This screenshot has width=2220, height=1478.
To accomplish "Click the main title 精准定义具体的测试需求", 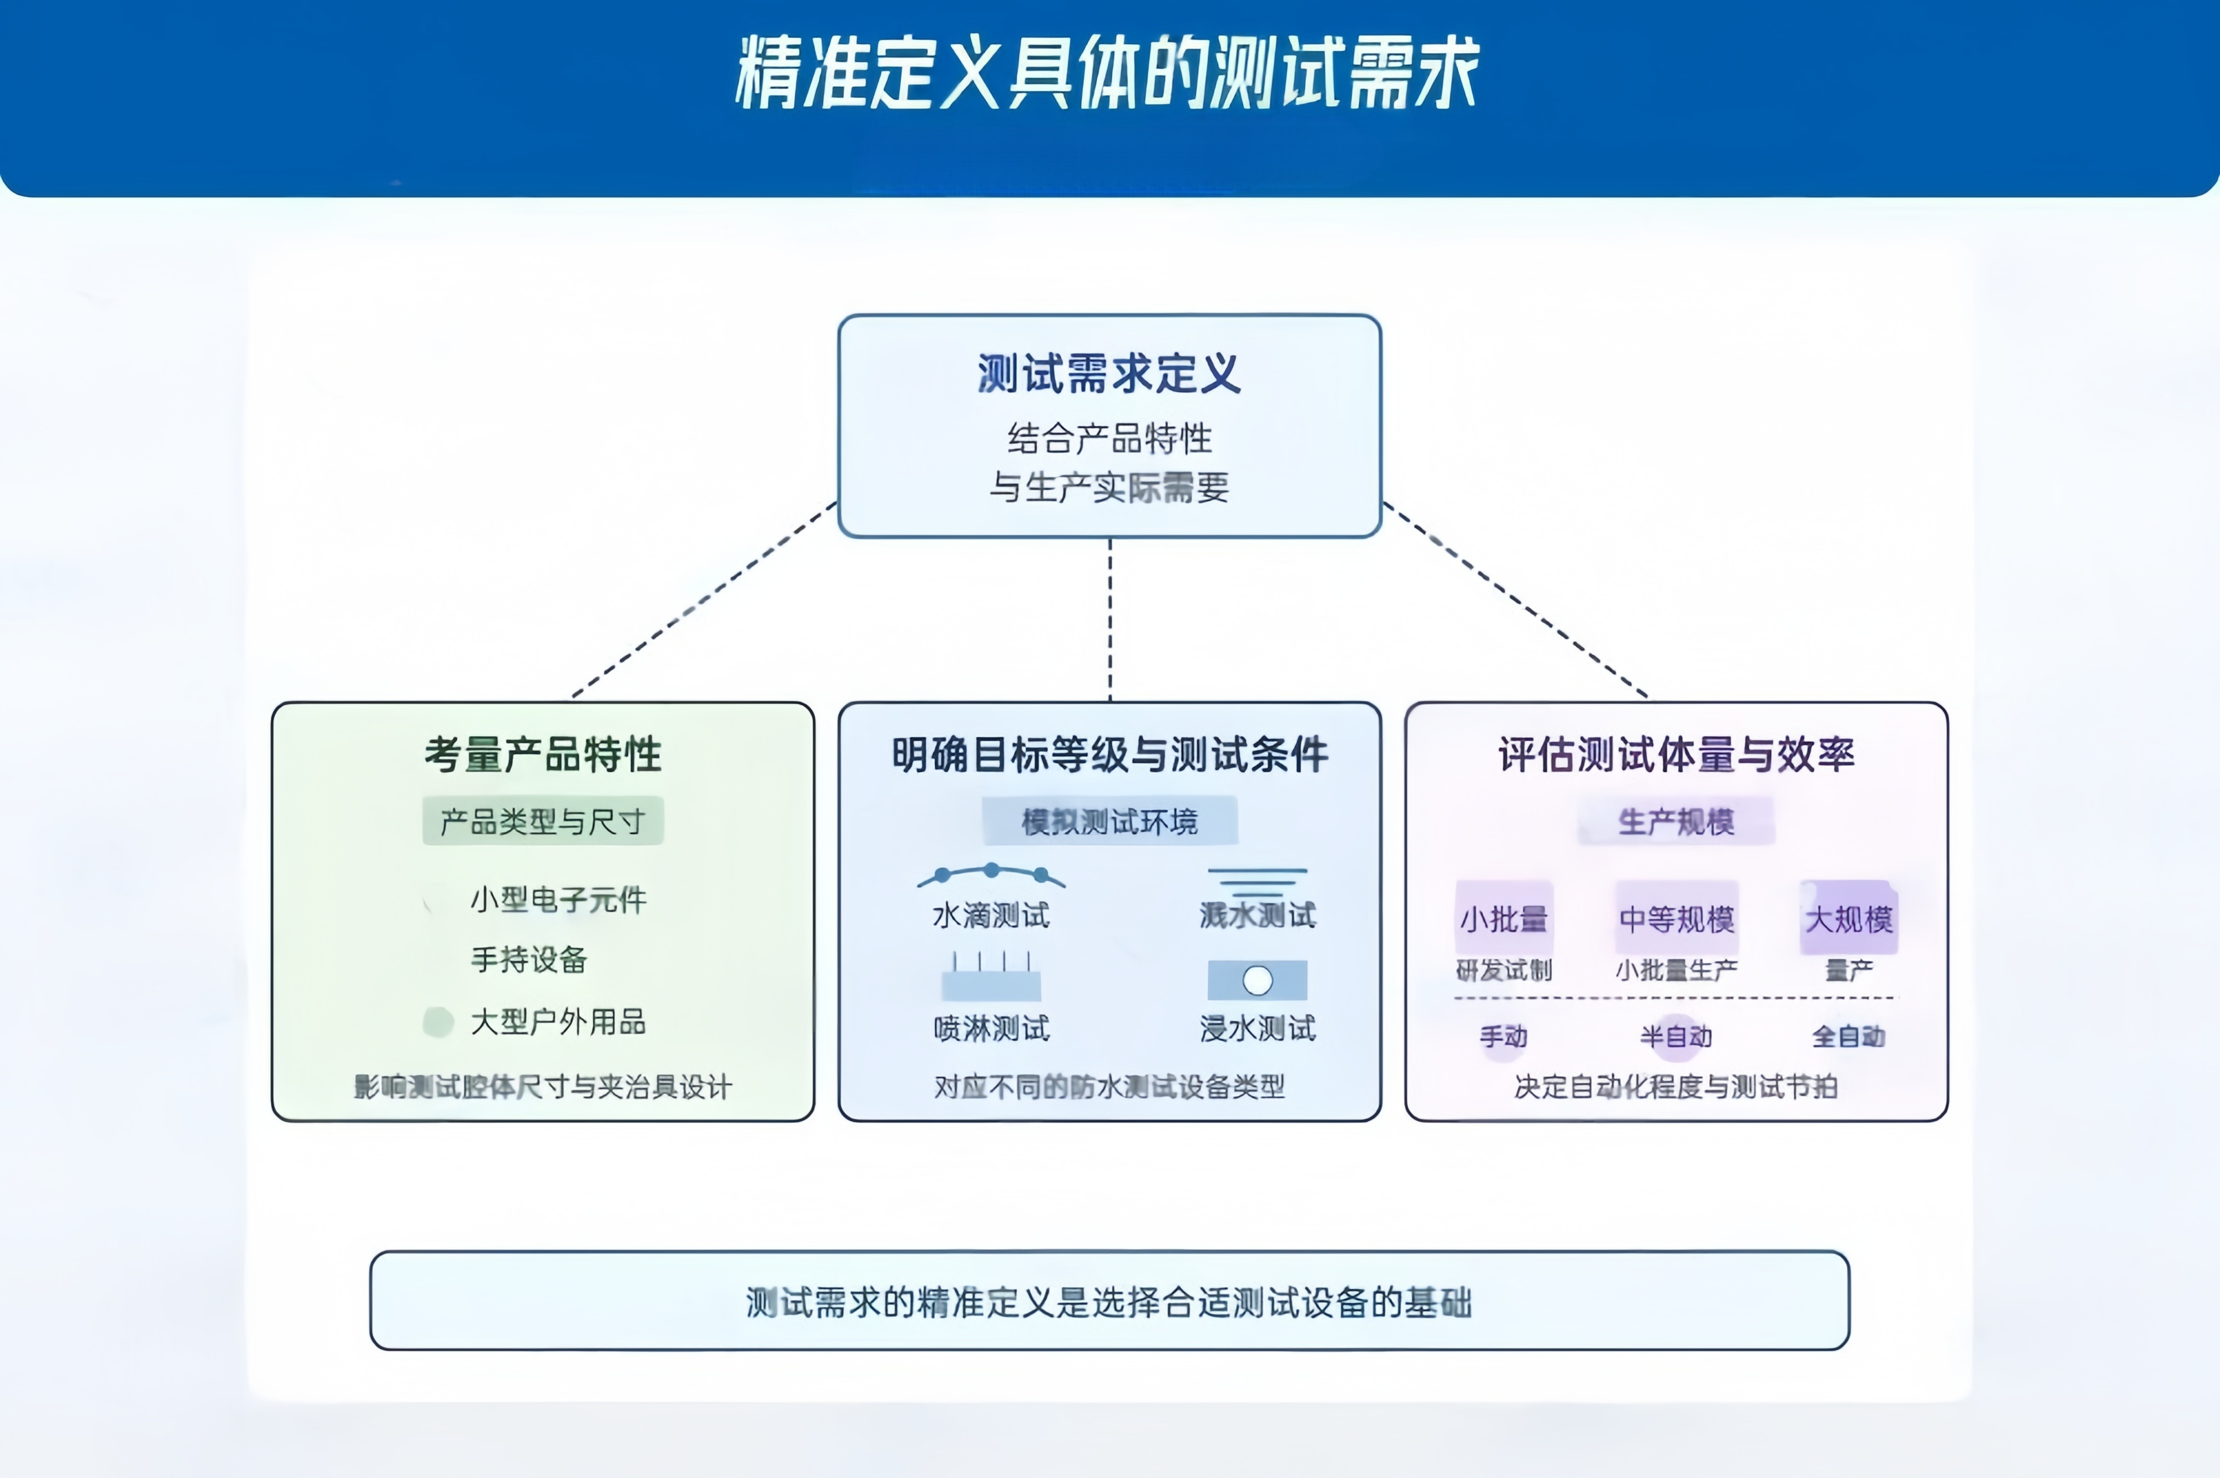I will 1108,74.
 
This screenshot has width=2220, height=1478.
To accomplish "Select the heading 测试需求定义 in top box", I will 1108,373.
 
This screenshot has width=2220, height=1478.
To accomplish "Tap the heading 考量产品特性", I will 543,754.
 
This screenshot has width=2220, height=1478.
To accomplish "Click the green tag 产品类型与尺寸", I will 543,821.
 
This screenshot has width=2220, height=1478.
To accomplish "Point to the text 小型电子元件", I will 558,899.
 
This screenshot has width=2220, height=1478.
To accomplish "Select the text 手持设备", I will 529,960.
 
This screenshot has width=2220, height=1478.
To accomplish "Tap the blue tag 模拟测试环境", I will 1109,821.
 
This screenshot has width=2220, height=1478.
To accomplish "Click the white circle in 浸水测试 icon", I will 1258,980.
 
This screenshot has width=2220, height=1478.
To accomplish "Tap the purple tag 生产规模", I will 1676,821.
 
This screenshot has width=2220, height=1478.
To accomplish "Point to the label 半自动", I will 1676,1037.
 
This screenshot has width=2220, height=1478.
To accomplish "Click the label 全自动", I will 1849,1037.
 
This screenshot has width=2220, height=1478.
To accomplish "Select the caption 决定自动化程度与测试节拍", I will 1676,1087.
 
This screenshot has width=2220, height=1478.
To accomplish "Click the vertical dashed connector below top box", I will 1109,619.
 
